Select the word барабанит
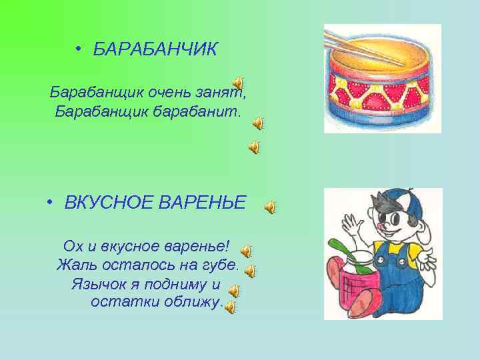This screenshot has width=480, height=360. pos(201,109)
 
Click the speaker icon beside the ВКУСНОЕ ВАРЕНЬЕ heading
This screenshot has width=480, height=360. pos(270,208)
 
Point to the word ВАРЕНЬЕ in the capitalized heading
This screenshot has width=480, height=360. pos(203,201)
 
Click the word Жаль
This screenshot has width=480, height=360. pos(73,265)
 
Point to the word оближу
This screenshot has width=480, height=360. pos(189,302)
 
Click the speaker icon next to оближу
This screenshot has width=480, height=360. pos(230,307)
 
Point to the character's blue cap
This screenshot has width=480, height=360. pos(400,203)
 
